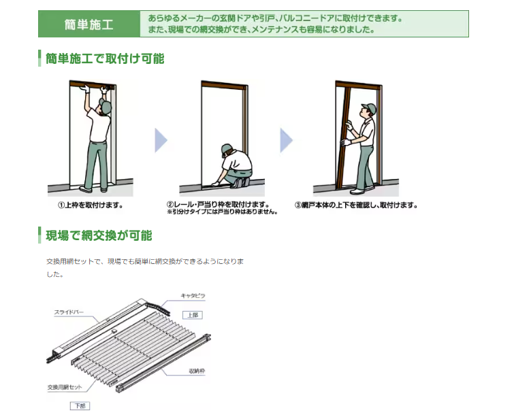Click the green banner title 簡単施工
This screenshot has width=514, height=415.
[89, 24]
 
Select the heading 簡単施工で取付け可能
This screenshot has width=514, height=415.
[105, 59]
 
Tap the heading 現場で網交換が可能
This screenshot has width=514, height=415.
[99, 235]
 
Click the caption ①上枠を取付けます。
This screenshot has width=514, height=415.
[91, 205]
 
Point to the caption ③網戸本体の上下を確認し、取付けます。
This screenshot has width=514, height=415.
[356, 205]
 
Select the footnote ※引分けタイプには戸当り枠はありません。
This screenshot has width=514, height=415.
[222, 212]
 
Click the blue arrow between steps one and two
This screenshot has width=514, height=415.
[161, 140]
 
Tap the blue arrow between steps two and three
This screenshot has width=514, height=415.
[286, 140]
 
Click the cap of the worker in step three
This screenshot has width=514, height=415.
[370, 107]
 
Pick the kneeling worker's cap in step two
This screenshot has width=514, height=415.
[227, 148]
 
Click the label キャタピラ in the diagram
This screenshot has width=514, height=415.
[193, 296]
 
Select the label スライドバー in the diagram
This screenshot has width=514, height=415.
[69, 312]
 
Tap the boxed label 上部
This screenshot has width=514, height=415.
[193, 315]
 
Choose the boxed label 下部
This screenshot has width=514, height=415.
[80, 406]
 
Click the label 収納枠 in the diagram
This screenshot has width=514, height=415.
[197, 371]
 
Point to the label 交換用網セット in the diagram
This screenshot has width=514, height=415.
[65, 387]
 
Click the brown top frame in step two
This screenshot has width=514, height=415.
[224, 84]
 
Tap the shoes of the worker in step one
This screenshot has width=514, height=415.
[94, 190]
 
